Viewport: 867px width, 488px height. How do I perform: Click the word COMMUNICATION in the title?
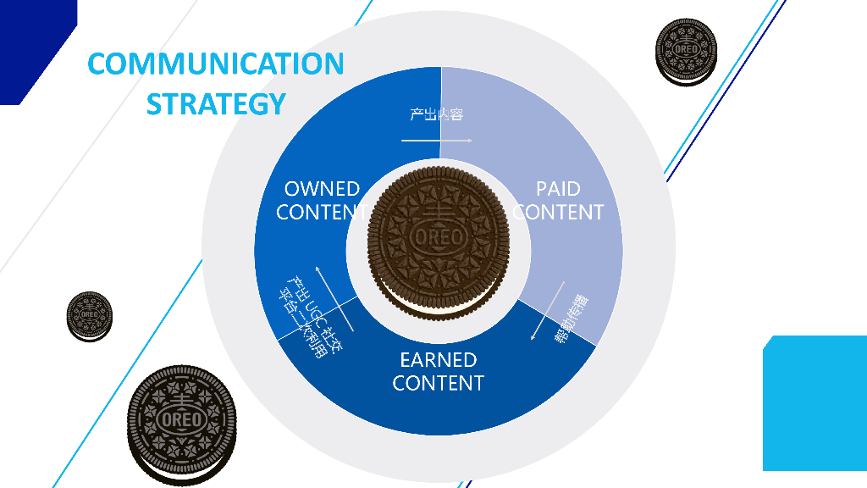[216, 64]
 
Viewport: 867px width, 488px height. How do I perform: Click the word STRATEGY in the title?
[216, 103]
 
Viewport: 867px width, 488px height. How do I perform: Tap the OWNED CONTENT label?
[322, 201]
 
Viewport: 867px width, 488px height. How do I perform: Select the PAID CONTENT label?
[559, 201]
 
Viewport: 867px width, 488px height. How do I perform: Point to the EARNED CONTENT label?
[439, 372]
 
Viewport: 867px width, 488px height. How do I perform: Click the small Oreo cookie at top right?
[685, 52]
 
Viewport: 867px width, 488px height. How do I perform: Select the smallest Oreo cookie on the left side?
[89, 316]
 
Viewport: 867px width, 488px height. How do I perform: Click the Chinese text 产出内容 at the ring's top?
[437, 114]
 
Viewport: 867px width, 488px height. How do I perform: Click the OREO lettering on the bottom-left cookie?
[182, 419]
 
